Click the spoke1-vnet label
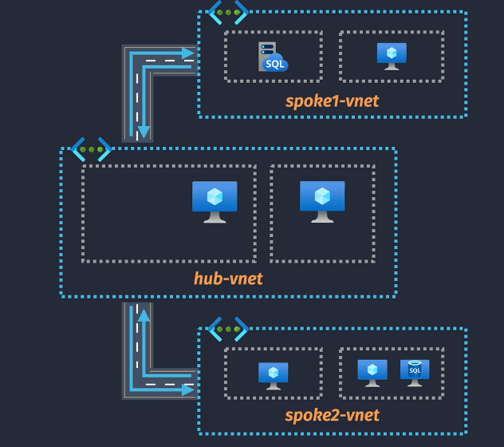click(x=332, y=101)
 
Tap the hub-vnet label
click(x=228, y=279)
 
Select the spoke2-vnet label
click(x=332, y=415)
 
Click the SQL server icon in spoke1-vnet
click(x=273, y=57)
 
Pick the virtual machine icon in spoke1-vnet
click(x=392, y=56)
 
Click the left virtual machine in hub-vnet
click(x=215, y=201)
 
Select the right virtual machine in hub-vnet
click(x=322, y=201)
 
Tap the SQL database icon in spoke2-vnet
click(x=415, y=372)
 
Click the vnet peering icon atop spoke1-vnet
click(x=227, y=12)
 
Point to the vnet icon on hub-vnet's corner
click(x=91, y=149)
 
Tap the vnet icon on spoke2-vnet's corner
click(x=227, y=329)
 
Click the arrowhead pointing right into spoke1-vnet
click(x=189, y=53)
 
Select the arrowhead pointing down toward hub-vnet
click(x=144, y=132)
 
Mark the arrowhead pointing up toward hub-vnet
click(x=144, y=315)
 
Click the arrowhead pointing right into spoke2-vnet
click(x=189, y=390)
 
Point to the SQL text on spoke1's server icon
click(x=275, y=64)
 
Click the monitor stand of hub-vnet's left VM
click(x=215, y=217)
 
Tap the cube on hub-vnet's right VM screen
click(x=322, y=196)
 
